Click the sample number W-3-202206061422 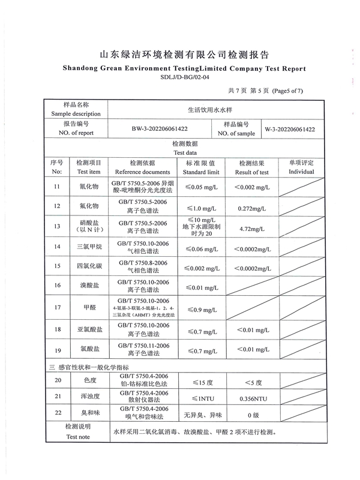[x=290, y=129]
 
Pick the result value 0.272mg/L [x=253, y=208]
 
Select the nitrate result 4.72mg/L [x=253, y=229]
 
